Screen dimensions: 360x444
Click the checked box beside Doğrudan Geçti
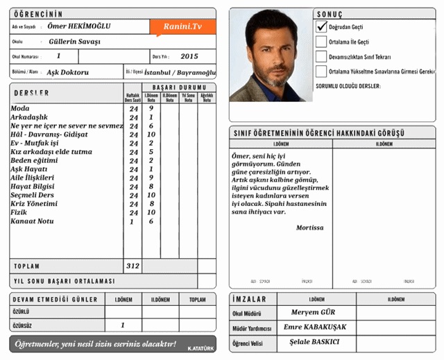click(x=321, y=26)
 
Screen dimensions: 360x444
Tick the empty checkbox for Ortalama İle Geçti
click(x=321, y=42)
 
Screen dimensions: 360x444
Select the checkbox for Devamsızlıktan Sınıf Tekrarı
click(x=321, y=56)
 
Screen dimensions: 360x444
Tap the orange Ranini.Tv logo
click(x=182, y=26)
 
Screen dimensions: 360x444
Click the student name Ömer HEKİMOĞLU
click(x=80, y=26)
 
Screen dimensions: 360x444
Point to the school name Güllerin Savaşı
click(x=75, y=42)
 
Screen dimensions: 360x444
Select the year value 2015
click(x=189, y=56)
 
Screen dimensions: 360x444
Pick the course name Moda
click(x=20, y=109)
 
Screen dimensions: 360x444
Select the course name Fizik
click(x=19, y=213)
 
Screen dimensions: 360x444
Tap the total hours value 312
click(x=133, y=266)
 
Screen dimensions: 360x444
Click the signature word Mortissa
click(x=309, y=228)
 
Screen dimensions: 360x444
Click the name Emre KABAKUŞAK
click(x=318, y=327)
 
